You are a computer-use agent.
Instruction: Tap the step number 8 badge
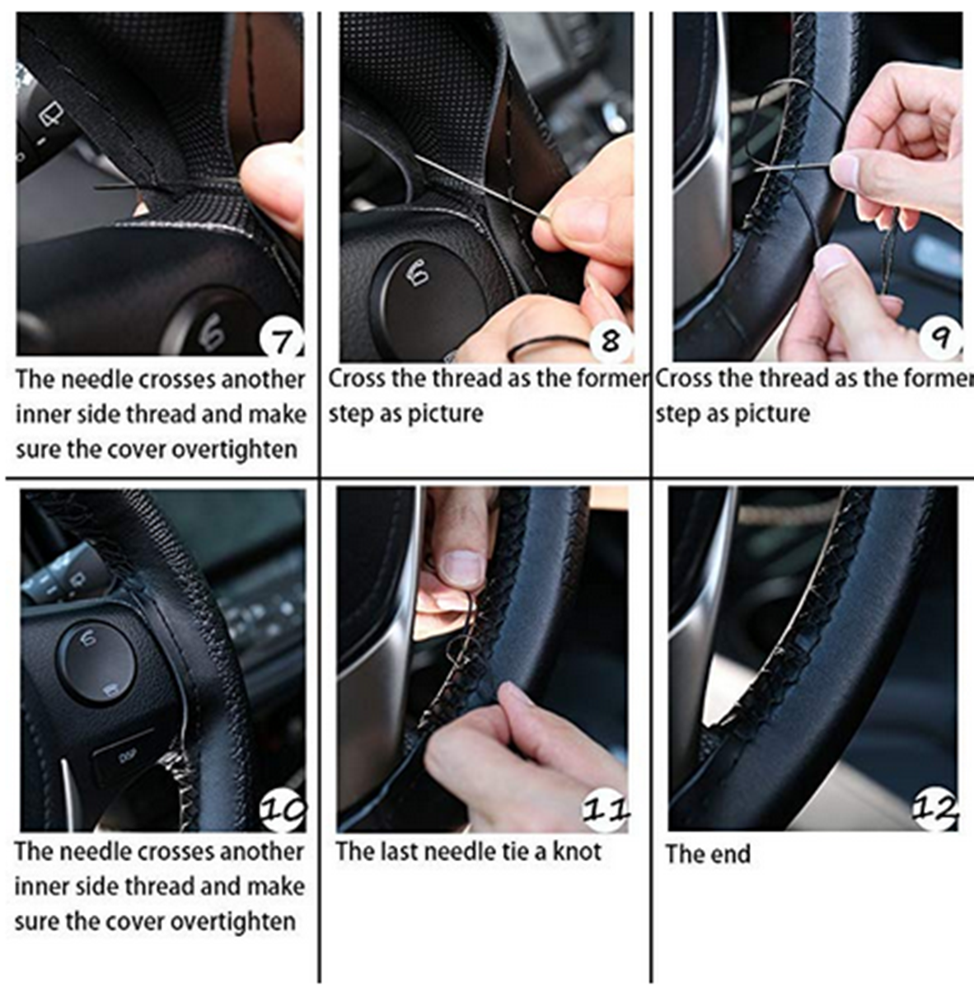tap(610, 339)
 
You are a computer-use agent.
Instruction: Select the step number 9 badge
tap(942, 338)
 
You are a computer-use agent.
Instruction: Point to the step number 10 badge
tap(283, 811)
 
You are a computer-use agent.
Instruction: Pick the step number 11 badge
tap(606, 811)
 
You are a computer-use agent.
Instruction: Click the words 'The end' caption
tap(708, 854)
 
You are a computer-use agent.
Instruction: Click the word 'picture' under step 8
tap(443, 413)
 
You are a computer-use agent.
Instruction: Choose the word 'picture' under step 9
tap(770, 413)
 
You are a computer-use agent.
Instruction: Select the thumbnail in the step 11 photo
tap(462, 566)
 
